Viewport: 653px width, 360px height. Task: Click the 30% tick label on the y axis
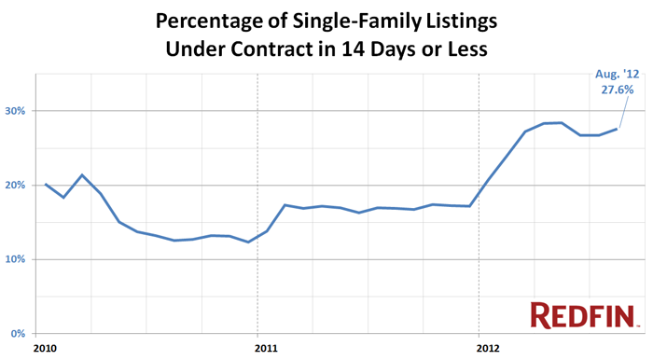coord(16,111)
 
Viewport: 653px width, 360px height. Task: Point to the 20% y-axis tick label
coord(16,186)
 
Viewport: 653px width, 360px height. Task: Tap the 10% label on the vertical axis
coord(16,259)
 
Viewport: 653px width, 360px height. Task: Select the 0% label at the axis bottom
coord(19,334)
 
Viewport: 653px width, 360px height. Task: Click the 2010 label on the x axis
coord(45,349)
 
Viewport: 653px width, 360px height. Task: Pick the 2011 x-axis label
coord(265,349)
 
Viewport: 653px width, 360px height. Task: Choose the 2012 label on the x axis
coord(487,349)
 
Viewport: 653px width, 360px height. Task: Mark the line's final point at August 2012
coord(617,129)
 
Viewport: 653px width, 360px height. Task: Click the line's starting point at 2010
coord(46,184)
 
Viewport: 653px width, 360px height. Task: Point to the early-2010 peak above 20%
coord(83,174)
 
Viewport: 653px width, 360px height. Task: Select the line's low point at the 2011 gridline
coord(248,242)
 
